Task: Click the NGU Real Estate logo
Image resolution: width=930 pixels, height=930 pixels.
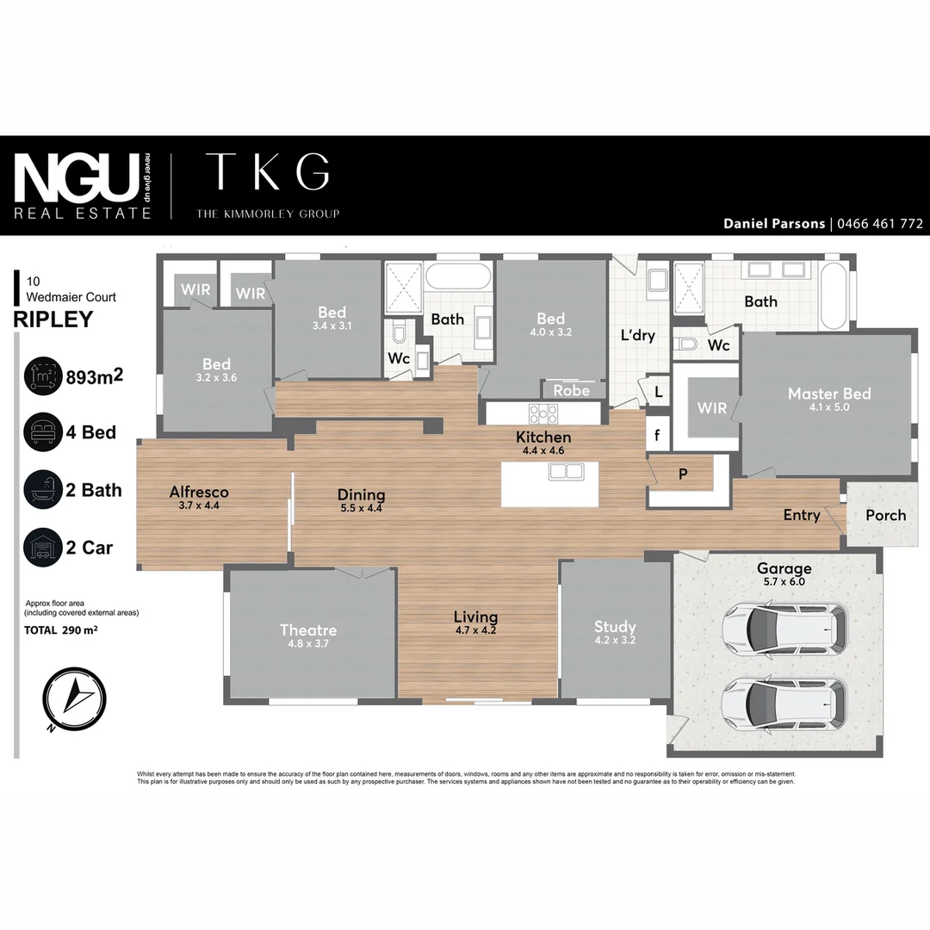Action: click(83, 185)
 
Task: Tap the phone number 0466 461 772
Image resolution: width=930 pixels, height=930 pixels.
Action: click(878, 224)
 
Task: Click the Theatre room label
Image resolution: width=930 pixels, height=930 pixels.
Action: click(307, 630)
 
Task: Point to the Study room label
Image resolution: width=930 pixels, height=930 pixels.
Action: click(615, 627)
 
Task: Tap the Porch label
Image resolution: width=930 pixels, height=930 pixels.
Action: click(885, 515)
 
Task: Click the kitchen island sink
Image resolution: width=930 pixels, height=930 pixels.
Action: click(567, 471)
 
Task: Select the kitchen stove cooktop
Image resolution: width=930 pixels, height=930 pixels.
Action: click(543, 413)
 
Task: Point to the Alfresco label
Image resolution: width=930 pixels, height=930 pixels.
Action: click(199, 493)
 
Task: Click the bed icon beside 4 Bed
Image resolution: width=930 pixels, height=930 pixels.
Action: click(41, 431)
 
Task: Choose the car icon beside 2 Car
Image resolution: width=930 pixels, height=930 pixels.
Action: click(41, 547)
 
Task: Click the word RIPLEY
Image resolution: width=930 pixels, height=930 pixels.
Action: click(53, 319)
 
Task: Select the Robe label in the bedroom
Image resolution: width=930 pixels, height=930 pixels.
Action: click(572, 390)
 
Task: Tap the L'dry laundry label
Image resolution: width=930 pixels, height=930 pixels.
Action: click(638, 335)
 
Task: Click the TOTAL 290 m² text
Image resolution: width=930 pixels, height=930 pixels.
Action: click(60, 630)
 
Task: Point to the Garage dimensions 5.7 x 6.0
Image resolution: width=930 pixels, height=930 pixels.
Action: click(784, 583)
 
